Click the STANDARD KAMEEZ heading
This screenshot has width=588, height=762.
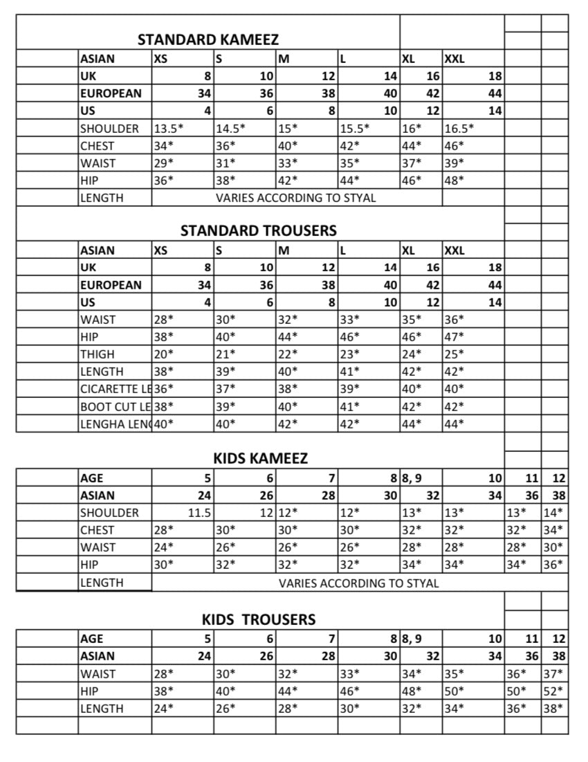click(x=208, y=39)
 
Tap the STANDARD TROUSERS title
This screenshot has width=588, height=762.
click(x=259, y=230)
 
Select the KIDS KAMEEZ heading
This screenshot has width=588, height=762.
click(x=260, y=458)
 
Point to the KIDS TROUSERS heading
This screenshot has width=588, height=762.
click(x=259, y=619)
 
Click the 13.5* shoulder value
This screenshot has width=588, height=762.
click(x=169, y=129)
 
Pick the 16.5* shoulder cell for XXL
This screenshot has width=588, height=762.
click(x=459, y=129)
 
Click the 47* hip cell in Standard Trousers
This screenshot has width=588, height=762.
click(x=454, y=337)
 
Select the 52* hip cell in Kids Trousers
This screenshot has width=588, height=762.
click(x=554, y=691)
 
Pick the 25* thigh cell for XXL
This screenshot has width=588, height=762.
click(x=454, y=354)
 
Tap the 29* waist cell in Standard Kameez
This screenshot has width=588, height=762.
click(x=163, y=163)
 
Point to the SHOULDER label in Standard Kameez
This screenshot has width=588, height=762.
click(x=109, y=129)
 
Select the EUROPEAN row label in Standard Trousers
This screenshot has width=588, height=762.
click(x=111, y=285)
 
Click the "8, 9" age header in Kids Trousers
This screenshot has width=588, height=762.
click(x=412, y=639)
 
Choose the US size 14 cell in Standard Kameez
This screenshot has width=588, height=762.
click(x=495, y=111)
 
